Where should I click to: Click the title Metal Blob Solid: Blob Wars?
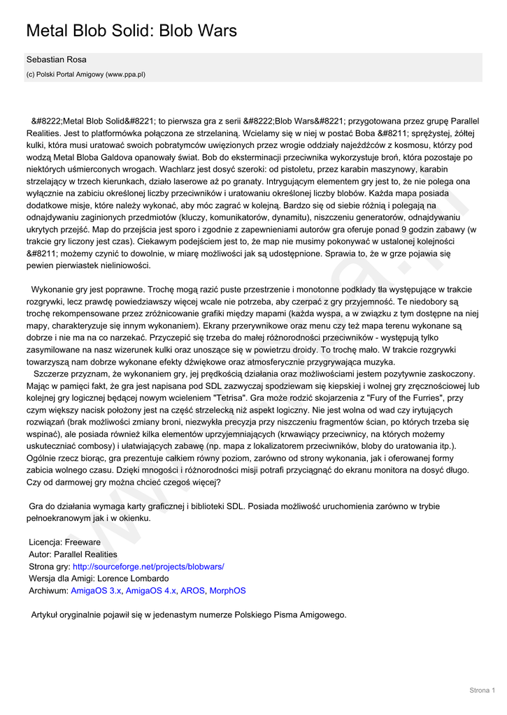click(131, 31)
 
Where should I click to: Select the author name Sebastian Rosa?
click(57, 60)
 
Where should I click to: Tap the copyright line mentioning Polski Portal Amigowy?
click(86, 74)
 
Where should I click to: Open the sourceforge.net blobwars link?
click(148, 566)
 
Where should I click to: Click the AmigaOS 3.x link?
click(96, 591)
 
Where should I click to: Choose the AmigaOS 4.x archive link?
click(151, 591)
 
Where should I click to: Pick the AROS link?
click(192, 591)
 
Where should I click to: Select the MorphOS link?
click(227, 591)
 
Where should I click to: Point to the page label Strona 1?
click(482, 691)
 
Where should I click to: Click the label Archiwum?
click(48, 591)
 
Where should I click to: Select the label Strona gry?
click(50, 566)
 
